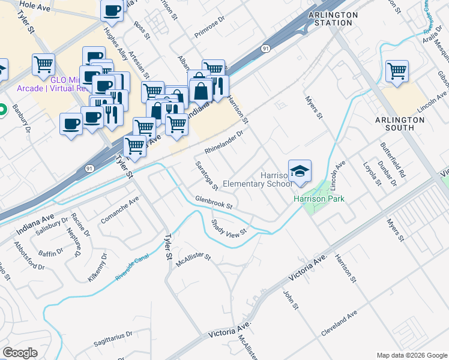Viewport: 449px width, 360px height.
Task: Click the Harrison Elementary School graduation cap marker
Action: tap(300, 172)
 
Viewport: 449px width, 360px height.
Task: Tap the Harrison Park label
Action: tap(318, 199)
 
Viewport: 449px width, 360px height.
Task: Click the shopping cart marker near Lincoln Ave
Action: tap(397, 71)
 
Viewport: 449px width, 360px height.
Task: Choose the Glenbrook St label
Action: tap(213, 203)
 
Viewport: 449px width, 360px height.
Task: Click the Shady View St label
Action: tap(229, 227)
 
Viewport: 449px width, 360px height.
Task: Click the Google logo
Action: tap(20, 353)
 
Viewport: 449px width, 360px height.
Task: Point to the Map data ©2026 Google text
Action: tap(411, 355)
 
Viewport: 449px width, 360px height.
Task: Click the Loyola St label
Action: tap(372, 172)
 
